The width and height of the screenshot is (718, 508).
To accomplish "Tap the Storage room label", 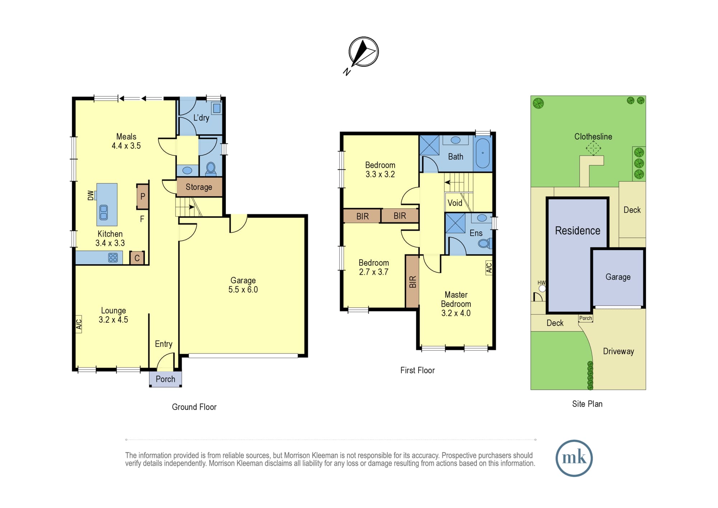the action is coord(199,187).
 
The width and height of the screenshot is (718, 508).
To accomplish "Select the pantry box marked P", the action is coord(143,197).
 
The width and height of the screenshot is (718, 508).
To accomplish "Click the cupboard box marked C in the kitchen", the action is coord(137,258).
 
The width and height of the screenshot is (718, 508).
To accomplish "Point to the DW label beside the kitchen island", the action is coord(90,195).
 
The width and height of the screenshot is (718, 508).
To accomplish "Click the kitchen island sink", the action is coord(104,212).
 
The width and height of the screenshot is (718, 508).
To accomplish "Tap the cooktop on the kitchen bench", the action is coord(113,257).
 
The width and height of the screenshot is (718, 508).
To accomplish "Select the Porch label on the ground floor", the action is coord(165,379).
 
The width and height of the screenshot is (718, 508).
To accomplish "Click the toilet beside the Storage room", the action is coord(211,168).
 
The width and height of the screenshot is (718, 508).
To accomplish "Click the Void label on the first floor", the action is coord(455,203).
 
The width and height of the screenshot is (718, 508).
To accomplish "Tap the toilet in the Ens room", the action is coord(485,243).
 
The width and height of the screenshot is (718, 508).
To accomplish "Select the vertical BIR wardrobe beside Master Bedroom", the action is coord(412,281).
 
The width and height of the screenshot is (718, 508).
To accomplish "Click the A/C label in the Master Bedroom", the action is coord(489,268).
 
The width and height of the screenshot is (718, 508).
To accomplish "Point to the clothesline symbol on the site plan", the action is coord(593,148).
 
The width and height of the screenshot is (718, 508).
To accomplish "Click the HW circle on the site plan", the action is coord(542,288).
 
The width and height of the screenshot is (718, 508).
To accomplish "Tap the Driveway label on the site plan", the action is coord(619,351).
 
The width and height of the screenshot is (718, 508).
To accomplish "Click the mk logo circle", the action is coord(574,458).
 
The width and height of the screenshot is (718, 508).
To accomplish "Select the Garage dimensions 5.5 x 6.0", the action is coord(243,290).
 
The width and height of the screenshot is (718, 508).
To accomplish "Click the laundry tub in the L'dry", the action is coord(217,108).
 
